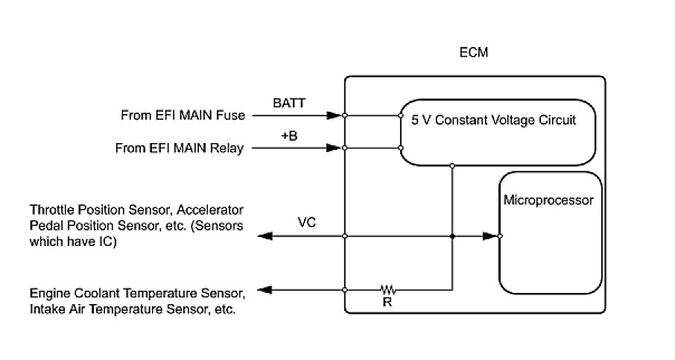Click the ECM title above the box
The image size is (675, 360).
pyautogui.click(x=475, y=54)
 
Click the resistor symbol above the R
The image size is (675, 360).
pyautogui.click(x=387, y=288)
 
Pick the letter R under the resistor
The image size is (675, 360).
pyautogui.click(x=387, y=302)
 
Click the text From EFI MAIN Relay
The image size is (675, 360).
pyautogui.click(x=180, y=148)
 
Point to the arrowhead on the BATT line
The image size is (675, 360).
pyautogui.click(x=333, y=116)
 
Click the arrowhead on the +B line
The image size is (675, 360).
pyautogui.click(x=333, y=148)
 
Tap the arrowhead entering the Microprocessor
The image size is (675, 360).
pyautogui.click(x=489, y=236)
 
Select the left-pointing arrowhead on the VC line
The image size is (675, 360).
pyautogui.click(x=264, y=236)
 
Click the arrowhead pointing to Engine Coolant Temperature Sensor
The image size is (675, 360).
pyautogui.click(x=264, y=289)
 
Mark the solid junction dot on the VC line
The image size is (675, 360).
pyautogui.click(x=452, y=236)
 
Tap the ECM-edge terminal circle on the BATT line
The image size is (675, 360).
pyautogui.click(x=345, y=116)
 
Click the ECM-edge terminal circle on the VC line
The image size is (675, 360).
pyautogui.click(x=345, y=236)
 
